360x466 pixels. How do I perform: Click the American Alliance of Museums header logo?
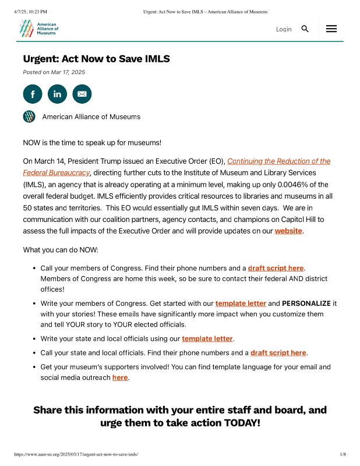tap(38, 28)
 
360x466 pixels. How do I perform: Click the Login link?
tap(284, 29)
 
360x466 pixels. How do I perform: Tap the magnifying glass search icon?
tap(305, 29)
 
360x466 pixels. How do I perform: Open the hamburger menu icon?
tap(331, 29)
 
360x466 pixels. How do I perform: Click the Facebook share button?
tap(33, 94)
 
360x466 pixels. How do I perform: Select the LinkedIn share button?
tap(57, 94)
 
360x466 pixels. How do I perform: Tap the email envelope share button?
tap(82, 94)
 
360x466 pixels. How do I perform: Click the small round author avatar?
tap(29, 116)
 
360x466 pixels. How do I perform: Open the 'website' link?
tap(288, 231)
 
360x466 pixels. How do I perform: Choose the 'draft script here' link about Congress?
tap(276, 269)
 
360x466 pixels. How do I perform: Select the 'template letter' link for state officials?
tap(207, 338)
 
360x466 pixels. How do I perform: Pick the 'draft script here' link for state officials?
tap(278, 353)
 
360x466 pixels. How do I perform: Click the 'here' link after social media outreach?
tap(120, 377)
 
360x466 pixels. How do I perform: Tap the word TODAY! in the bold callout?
tap(242, 423)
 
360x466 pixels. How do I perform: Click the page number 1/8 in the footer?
tap(343, 454)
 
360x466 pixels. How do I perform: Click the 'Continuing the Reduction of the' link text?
tap(278, 161)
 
